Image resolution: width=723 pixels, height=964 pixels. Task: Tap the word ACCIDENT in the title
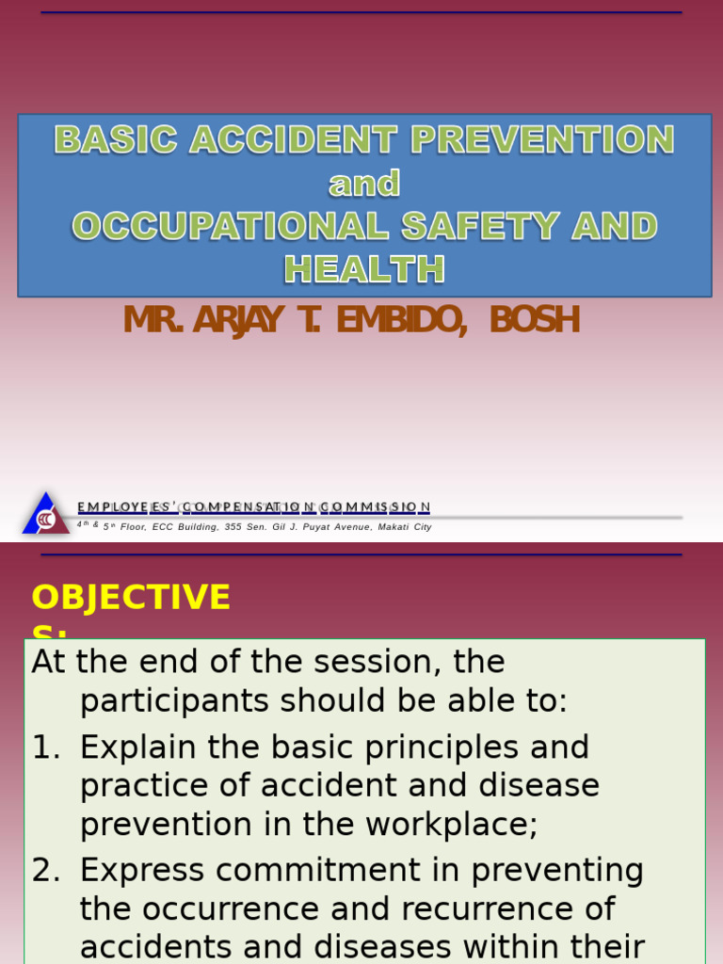[295, 140]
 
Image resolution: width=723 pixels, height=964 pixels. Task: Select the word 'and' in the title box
[364, 184]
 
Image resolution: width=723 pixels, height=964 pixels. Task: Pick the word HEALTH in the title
[364, 270]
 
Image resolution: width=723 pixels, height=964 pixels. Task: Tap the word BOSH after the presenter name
[534, 321]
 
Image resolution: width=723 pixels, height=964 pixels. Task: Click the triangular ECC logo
[45, 515]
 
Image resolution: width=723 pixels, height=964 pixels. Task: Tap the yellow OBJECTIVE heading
[131, 598]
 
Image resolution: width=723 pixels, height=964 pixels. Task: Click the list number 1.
[45, 747]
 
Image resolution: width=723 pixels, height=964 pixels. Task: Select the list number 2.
[45, 871]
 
